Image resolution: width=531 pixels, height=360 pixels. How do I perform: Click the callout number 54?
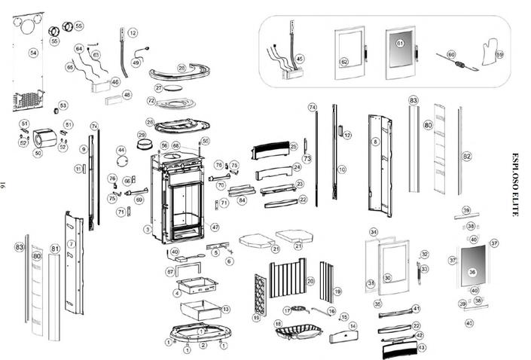(x=33, y=53)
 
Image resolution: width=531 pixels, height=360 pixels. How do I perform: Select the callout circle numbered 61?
(x=401, y=44)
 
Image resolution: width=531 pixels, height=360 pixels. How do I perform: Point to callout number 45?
(x=300, y=58)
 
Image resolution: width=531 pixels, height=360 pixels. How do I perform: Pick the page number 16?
(x=5, y=185)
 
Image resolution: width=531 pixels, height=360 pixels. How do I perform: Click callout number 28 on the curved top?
(x=182, y=68)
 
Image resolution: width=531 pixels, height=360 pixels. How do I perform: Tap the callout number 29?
(x=142, y=136)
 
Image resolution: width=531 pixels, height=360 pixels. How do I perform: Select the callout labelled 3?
(x=148, y=228)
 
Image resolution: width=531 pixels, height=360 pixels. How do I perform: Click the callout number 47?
(x=215, y=227)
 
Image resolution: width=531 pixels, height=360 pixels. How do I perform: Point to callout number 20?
(x=310, y=281)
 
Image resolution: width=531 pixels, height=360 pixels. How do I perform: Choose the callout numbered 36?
(x=472, y=271)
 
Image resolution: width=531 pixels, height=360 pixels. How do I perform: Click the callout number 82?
(x=467, y=156)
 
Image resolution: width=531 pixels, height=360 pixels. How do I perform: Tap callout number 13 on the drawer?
(x=225, y=309)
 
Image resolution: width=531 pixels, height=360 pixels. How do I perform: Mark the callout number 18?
(x=278, y=323)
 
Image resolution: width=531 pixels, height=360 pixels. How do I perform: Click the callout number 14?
(x=352, y=325)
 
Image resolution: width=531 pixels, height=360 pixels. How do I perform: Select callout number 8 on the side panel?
(x=375, y=141)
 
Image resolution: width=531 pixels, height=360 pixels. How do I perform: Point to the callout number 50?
(x=38, y=152)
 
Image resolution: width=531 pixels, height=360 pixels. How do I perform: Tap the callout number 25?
(x=294, y=146)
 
